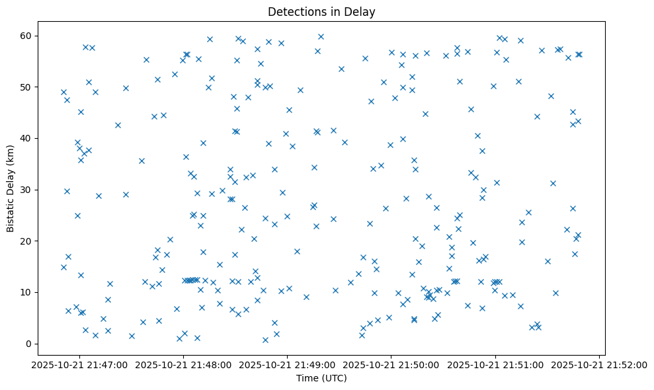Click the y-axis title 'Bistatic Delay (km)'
[x=10, y=188]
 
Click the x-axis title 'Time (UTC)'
[x=321, y=378]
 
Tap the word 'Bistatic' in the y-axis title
[x=10, y=212]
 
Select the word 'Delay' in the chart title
[x=361, y=12]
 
